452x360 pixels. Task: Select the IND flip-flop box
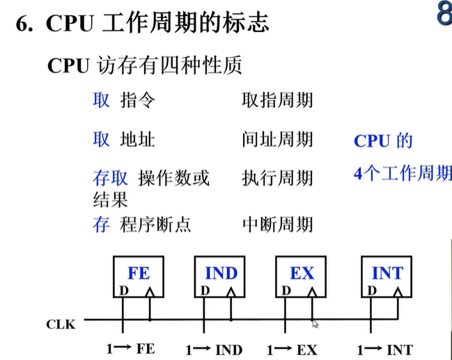[x=221, y=278]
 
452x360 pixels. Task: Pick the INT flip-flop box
[x=387, y=278]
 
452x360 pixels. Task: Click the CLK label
[x=61, y=324]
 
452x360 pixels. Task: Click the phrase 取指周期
[x=277, y=100]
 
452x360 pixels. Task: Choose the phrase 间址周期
[x=277, y=140]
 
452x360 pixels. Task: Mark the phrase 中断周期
[x=277, y=224]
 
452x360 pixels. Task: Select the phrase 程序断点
[x=155, y=224]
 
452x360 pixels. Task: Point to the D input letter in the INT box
[x=373, y=290]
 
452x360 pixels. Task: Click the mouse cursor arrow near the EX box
[x=315, y=323]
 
